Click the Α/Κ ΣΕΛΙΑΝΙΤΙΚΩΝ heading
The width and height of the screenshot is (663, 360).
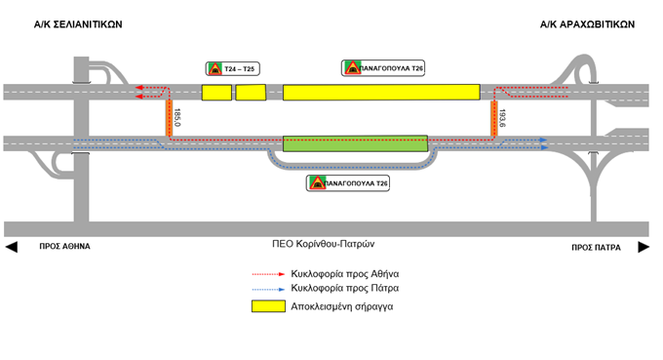tap(79, 25)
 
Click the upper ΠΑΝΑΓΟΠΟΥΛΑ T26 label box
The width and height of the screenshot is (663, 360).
tap(383, 67)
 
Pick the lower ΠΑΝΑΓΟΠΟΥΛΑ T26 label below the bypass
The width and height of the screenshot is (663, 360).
tap(348, 182)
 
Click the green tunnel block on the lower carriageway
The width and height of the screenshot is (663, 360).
tap(355, 143)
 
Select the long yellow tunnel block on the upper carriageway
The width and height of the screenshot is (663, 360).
tap(381, 92)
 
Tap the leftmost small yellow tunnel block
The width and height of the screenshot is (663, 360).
tap(216, 93)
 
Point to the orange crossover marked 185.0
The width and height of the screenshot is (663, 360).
tap(168, 117)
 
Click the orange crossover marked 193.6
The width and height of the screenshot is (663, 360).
tap(494, 118)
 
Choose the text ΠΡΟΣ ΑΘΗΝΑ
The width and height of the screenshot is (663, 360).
tap(64, 247)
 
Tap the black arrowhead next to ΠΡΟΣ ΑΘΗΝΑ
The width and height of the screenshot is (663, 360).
tap(11, 247)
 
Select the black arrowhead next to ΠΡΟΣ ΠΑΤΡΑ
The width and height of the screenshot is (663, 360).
tap(643, 247)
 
